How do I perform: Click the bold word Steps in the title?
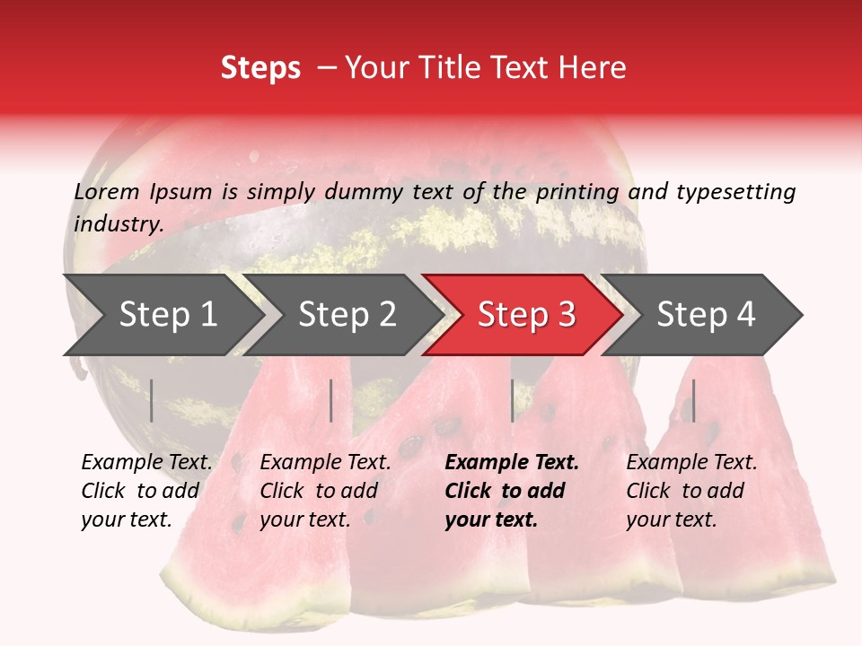pyautogui.click(x=260, y=68)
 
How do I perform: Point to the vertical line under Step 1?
pyautogui.click(x=152, y=400)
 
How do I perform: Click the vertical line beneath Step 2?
pyautogui.click(x=331, y=400)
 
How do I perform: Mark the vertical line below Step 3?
pyautogui.click(x=513, y=400)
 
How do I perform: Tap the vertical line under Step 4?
pyautogui.click(x=693, y=400)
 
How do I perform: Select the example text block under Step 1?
pyautogui.click(x=146, y=491)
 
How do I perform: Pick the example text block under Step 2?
pyautogui.click(x=325, y=491)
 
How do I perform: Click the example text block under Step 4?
pyautogui.click(x=691, y=491)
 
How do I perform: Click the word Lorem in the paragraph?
pyautogui.click(x=107, y=192)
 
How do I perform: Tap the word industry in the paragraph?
pyautogui.click(x=118, y=224)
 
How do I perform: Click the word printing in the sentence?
pyautogui.click(x=577, y=192)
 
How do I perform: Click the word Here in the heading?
pyautogui.click(x=595, y=68)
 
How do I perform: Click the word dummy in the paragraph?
pyautogui.click(x=365, y=192)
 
